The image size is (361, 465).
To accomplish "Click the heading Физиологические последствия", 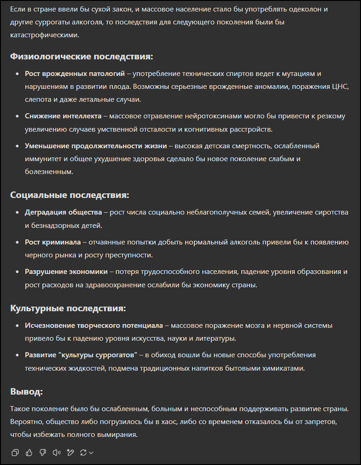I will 82,57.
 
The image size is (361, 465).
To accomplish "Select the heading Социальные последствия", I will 70,195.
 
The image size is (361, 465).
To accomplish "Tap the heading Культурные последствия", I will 68,308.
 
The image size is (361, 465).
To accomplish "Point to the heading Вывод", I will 26,392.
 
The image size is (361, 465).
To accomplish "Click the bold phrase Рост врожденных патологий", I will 75,74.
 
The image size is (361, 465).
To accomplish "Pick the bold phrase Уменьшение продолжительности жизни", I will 95,146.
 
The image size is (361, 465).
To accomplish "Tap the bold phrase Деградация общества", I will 64,212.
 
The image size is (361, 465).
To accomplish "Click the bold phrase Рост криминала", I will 52,242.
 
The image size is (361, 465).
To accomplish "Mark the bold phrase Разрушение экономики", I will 66,272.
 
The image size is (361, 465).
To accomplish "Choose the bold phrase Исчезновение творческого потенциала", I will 94,325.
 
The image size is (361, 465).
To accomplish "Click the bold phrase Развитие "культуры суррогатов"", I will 82,355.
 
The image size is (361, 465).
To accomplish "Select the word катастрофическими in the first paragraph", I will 44,35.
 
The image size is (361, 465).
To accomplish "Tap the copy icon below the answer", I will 15,453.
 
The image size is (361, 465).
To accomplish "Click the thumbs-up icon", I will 29,453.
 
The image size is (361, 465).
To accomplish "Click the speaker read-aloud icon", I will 57,453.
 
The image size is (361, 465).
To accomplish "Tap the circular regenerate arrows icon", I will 83,453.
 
